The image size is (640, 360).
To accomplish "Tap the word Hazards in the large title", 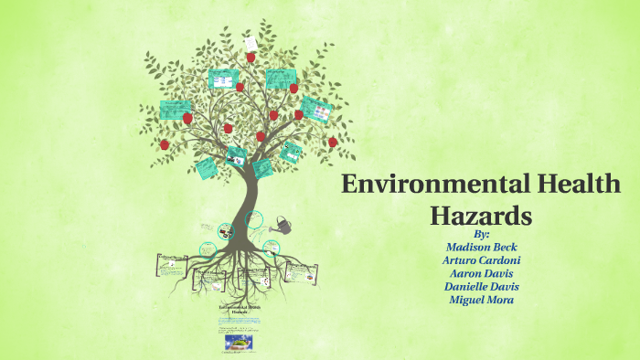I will point(481,216).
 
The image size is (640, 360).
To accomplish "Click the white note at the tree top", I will point(250,43).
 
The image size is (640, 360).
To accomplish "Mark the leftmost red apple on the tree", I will point(165,144).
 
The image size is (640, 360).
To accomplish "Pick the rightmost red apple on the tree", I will point(333,142).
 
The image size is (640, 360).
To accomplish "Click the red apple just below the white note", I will point(251,57).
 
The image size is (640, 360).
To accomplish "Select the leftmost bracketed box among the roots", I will point(172,264).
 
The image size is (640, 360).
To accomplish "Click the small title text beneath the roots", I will point(239,309).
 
